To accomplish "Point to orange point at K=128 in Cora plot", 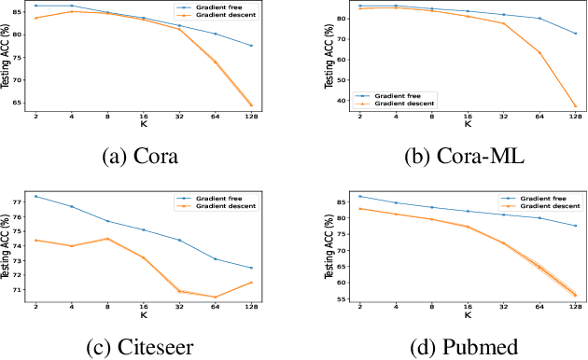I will point(251,104).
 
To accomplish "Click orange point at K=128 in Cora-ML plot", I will point(575,107).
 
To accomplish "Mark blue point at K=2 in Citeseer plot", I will point(35,196).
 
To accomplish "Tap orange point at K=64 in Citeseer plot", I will point(215,298).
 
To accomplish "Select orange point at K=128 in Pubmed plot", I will point(575,295).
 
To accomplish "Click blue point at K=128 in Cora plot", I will point(251,46).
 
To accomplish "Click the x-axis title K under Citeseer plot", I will point(143,317).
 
